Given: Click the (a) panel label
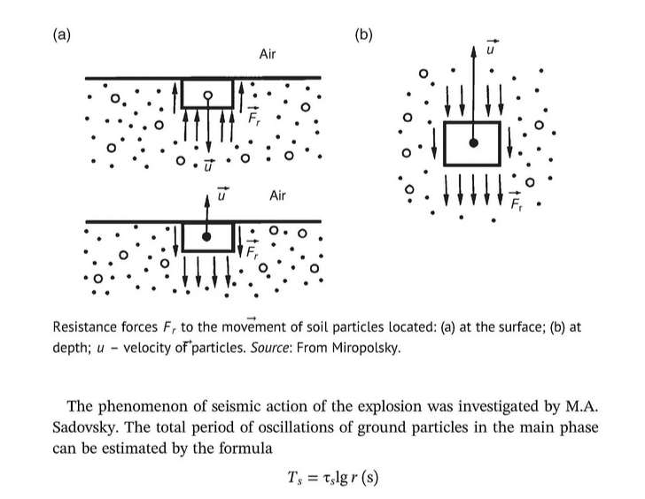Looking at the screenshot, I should pos(61,35).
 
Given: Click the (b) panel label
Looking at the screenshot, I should pos(363,35).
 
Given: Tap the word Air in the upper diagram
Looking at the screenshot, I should pos(268,55).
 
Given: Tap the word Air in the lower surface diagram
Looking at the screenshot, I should pos(277,195).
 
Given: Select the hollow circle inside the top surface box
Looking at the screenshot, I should pos(207,95).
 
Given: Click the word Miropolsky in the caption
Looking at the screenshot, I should pos(368,346).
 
